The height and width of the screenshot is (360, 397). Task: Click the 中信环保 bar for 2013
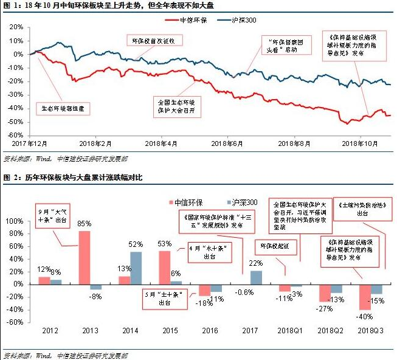85,257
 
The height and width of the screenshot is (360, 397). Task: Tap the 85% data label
85,226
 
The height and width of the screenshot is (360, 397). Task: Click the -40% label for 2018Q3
364,316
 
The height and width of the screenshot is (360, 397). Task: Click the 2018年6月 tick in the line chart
227,145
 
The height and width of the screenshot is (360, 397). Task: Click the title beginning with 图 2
73,177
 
